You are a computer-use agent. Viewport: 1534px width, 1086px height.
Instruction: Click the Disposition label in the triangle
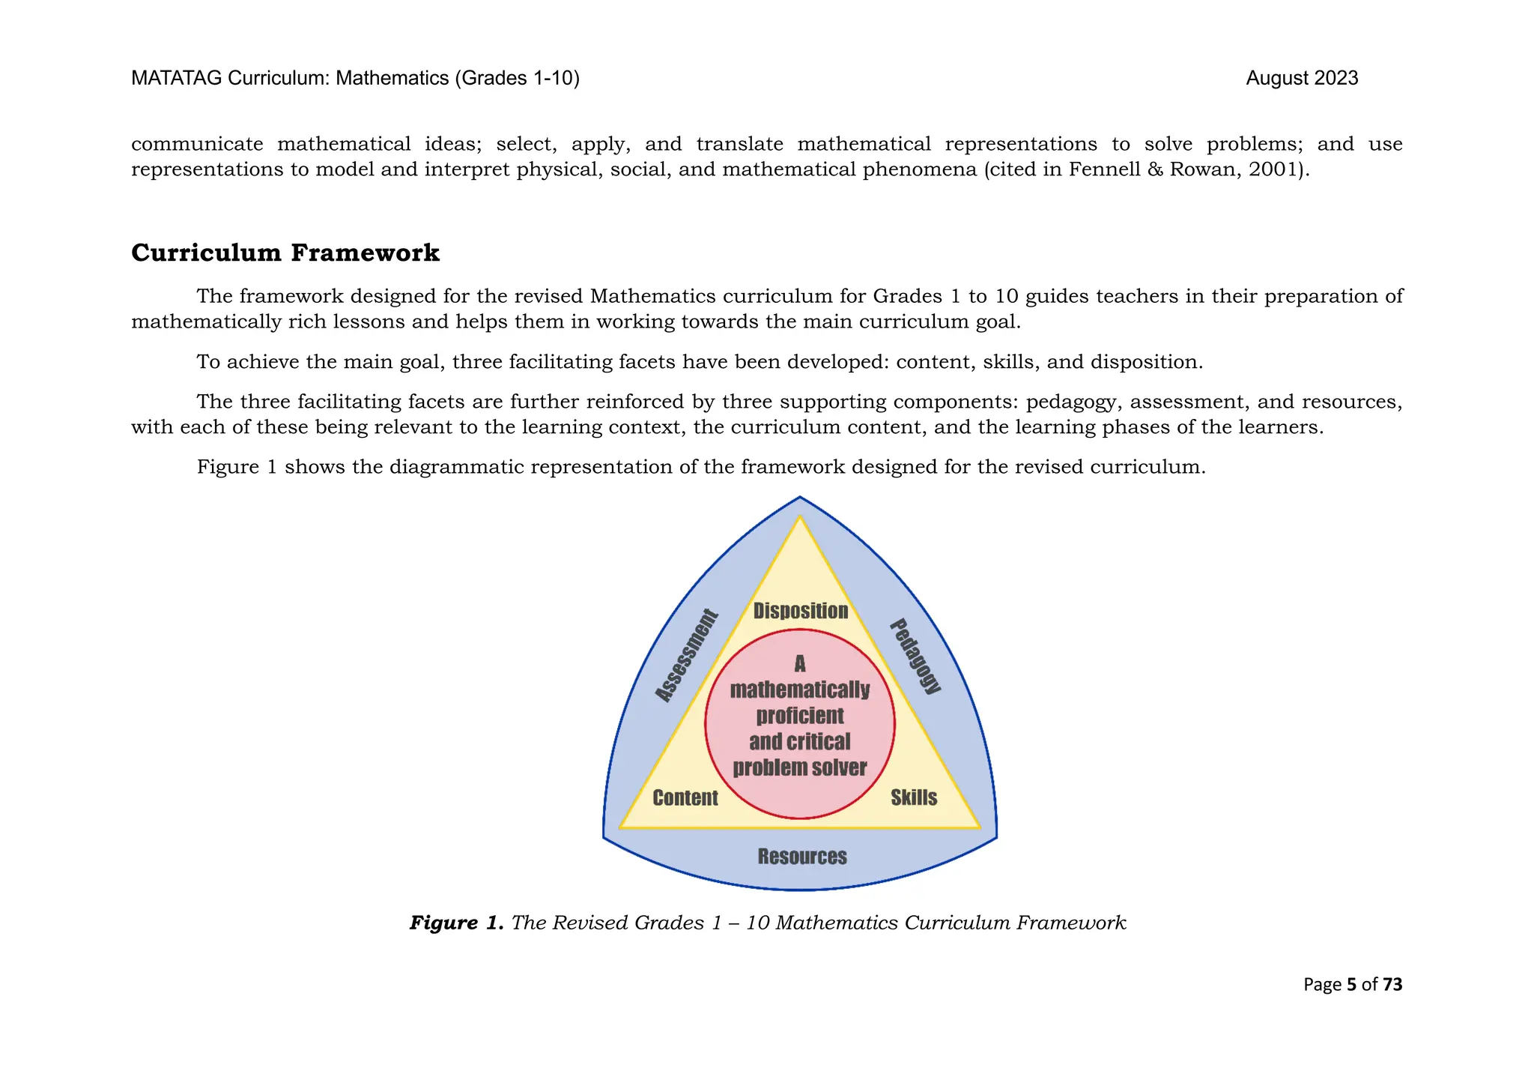(800, 611)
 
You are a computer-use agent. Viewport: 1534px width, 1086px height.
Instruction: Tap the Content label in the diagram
(685, 797)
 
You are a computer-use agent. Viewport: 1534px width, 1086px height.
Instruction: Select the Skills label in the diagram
(914, 797)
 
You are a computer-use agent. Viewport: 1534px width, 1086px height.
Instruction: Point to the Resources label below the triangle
(802, 856)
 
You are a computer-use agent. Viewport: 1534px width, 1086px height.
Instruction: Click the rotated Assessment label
(687, 657)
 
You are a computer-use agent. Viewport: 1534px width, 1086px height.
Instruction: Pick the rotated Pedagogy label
(915, 657)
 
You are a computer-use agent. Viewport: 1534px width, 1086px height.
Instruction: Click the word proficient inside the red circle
(800, 716)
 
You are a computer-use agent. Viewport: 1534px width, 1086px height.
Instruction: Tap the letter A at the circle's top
(800, 663)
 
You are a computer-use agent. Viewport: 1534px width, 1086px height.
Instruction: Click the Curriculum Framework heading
(285, 253)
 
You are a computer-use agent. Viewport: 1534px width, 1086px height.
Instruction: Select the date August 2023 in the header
(1302, 78)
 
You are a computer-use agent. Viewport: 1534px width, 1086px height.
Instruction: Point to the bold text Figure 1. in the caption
(457, 923)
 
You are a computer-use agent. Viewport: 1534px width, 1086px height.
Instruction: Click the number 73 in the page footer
(1392, 984)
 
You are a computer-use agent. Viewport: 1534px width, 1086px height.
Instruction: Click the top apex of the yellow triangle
(800, 518)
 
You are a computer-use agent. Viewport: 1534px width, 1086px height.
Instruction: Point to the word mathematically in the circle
(800, 690)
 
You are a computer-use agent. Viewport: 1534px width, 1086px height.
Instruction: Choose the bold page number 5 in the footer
(1351, 984)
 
